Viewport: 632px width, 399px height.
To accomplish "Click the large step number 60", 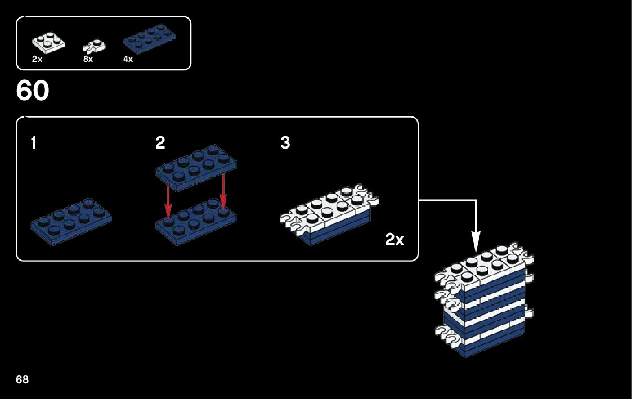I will pos(33,91).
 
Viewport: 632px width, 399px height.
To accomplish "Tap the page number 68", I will pos(23,379).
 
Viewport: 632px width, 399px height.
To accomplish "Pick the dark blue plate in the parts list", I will pos(148,41).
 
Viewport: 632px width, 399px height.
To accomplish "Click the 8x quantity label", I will pos(88,59).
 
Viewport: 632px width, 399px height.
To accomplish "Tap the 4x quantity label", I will pos(128,59).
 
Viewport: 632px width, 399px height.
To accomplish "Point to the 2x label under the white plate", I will pos(37,59).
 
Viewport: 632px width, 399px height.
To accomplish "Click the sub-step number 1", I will pos(34,144).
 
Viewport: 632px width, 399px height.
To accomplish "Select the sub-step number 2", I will pos(160,144).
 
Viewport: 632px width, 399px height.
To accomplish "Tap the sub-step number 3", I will pos(285,144).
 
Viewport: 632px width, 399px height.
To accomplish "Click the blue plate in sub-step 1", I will pos(71,221).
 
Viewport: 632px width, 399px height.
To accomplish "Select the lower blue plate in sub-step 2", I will pos(195,224).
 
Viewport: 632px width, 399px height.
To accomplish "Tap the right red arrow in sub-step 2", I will pos(223,191).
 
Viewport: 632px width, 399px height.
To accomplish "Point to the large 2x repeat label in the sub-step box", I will pos(395,240).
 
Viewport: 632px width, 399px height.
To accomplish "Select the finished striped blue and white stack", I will pos(485,304).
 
